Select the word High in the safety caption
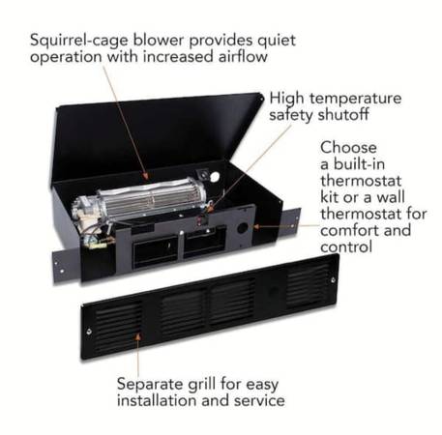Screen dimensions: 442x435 click(286, 99)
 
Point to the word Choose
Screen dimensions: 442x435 click(348, 148)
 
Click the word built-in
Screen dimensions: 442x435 click(359, 164)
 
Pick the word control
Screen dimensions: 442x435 click(346, 247)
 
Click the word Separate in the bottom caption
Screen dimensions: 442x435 click(150, 385)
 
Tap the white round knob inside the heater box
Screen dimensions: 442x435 click(215, 176)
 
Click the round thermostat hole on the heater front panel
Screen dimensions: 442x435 click(242, 228)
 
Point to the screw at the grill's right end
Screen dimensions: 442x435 click(333, 280)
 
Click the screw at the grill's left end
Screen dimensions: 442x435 click(89, 331)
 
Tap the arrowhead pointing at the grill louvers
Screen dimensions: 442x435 click(138, 337)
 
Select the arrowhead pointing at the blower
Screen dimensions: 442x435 click(146, 176)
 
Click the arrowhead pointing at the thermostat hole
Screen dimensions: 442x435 click(256, 227)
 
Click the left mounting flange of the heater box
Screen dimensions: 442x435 click(66, 266)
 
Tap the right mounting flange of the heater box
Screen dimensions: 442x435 click(291, 223)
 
